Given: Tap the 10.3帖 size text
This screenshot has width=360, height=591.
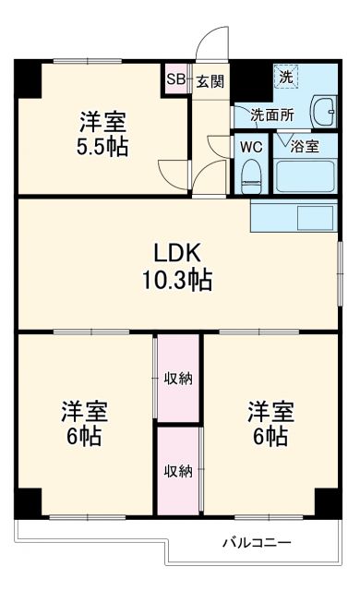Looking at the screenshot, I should click(178, 279).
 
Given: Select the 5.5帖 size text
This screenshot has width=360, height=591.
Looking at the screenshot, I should click(102, 146).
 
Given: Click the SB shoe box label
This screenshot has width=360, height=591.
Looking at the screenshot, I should click(175, 80).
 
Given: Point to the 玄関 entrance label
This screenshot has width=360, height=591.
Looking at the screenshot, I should click(210, 81).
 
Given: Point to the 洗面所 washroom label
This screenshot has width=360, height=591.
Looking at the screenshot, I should click(274, 115).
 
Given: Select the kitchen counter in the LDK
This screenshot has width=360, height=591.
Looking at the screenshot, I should click(293, 218).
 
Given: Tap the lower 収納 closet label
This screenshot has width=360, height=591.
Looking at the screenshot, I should click(178, 471).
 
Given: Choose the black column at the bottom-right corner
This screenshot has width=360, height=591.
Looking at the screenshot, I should click(328, 501).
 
